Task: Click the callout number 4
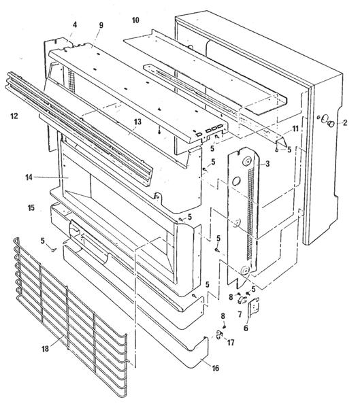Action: tap(75, 25)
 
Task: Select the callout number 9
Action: tap(101, 25)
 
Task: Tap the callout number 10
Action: tap(135, 20)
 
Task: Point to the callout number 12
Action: tap(14, 116)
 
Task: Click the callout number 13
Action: tap(137, 122)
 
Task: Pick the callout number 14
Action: tap(29, 177)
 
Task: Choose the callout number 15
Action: tap(31, 208)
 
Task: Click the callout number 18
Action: tap(46, 349)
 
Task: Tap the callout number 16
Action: tap(216, 368)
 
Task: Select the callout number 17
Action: tap(231, 343)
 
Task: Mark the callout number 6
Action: tap(246, 328)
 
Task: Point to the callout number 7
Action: tap(240, 314)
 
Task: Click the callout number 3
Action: tap(267, 164)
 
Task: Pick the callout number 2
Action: tap(345, 122)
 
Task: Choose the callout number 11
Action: tap(295, 129)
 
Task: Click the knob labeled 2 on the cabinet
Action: tap(331, 124)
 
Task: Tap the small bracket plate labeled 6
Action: tap(254, 307)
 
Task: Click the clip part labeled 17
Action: tap(219, 335)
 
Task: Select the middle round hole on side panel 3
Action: tap(237, 181)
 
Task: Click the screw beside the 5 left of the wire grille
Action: tap(53, 250)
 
